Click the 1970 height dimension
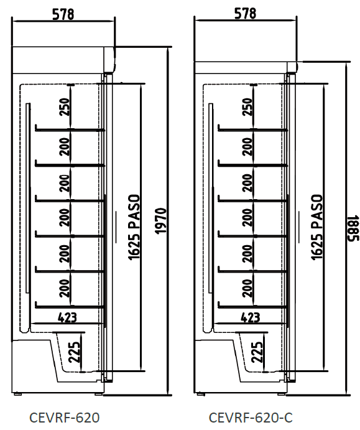161,221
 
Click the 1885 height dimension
353,228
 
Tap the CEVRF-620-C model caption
251,418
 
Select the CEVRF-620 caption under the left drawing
65,418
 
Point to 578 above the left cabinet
63,14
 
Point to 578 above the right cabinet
245,14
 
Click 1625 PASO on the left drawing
134,227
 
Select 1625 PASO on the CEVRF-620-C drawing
317,227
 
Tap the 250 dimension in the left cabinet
65,106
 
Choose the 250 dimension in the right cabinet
247,106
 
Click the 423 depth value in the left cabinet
67,317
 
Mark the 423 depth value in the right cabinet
251,317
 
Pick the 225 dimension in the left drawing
74,352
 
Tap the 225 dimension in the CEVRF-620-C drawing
257,352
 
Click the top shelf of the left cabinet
70,129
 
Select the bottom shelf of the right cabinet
252,306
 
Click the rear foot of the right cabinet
200,394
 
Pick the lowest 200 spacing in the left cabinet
65,288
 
